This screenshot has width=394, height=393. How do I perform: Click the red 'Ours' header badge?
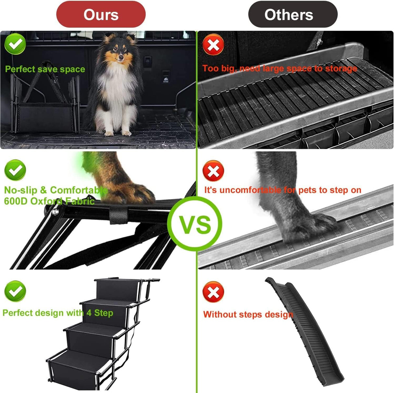pyautogui.click(x=101, y=15)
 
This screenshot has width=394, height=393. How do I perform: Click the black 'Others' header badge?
pyautogui.click(x=292, y=15)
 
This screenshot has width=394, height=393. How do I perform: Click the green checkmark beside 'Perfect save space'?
pyautogui.click(x=15, y=44)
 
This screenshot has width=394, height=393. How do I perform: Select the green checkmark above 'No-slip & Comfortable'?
pyautogui.click(x=15, y=170)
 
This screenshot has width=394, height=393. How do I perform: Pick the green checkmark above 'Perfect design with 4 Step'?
pyautogui.click(x=15, y=291)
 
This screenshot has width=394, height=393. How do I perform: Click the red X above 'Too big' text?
pyautogui.click(x=213, y=45)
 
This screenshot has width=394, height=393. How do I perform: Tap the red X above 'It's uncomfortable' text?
pyautogui.click(x=213, y=171)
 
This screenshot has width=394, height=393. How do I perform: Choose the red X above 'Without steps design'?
pyautogui.click(x=213, y=292)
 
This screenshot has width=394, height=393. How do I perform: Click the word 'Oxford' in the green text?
pyautogui.click(x=46, y=201)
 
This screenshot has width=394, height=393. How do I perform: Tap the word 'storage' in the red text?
pyautogui.click(x=341, y=69)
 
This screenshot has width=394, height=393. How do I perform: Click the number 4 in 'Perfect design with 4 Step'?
pyautogui.click(x=89, y=313)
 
